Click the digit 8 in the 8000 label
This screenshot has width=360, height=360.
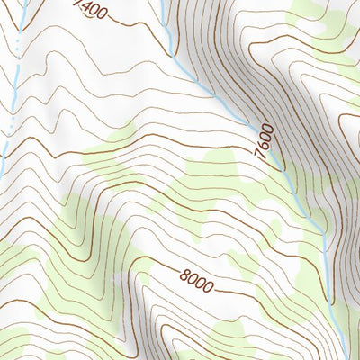[181, 277]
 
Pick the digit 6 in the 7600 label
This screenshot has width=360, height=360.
[263, 150]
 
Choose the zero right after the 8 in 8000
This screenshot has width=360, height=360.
[190, 281]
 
